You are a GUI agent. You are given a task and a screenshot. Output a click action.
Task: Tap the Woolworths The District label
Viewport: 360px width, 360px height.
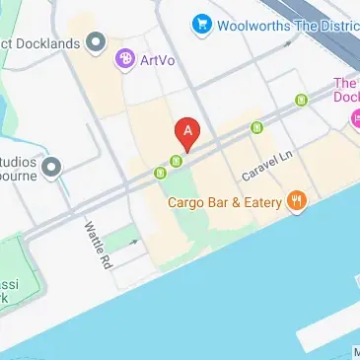(278, 22)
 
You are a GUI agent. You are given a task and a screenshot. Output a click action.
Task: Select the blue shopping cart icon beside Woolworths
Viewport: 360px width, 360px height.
(203, 22)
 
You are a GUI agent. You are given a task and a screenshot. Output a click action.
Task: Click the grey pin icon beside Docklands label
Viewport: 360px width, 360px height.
(96, 42)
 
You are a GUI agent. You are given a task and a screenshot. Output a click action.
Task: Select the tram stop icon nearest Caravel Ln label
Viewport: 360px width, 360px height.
(258, 126)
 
